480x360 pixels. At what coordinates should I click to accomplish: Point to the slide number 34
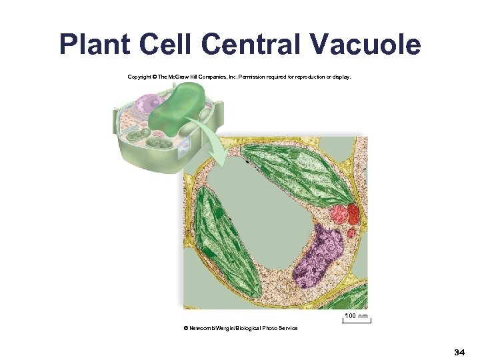459,351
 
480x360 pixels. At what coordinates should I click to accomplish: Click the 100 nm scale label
357,315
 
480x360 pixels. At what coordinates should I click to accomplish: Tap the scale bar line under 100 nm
357,321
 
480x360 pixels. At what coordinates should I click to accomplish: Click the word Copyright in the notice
139,77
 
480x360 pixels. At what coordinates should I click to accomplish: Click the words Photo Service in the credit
281,328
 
